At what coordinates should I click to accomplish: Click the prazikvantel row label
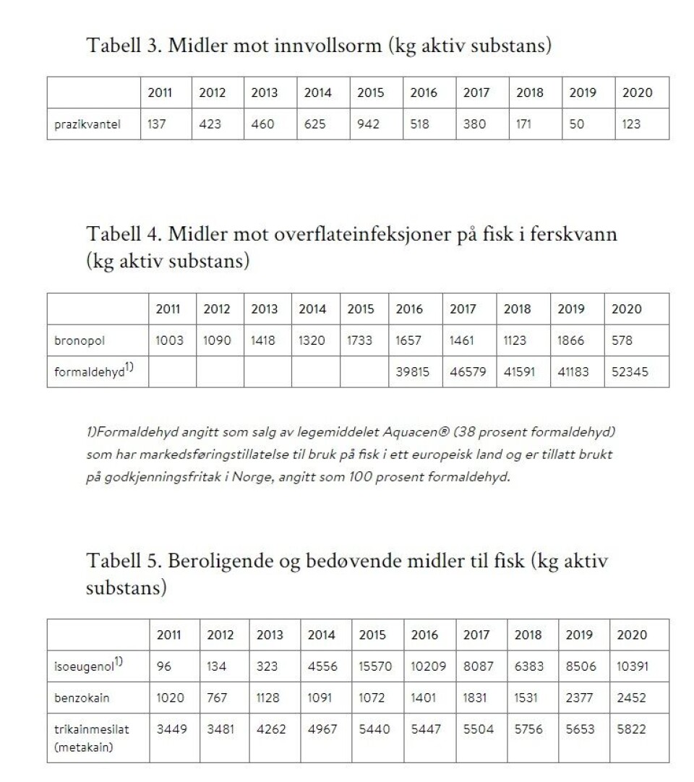pyautogui.click(x=87, y=124)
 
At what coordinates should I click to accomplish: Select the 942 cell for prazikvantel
pyautogui.click(x=369, y=124)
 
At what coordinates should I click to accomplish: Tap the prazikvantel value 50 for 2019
pyautogui.click(x=577, y=124)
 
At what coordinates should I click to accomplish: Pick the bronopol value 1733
pyautogui.click(x=360, y=340)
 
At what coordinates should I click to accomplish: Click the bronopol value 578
pyautogui.click(x=622, y=340)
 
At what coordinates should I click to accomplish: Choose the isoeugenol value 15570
pyautogui.click(x=375, y=666)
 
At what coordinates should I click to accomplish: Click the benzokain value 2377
pyautogui.click(x=581, y=697)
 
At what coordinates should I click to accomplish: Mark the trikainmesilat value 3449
pyautogui.click(x=172, y=730)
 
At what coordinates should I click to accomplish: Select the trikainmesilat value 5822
pyautogui.click(x=632, y=730)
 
